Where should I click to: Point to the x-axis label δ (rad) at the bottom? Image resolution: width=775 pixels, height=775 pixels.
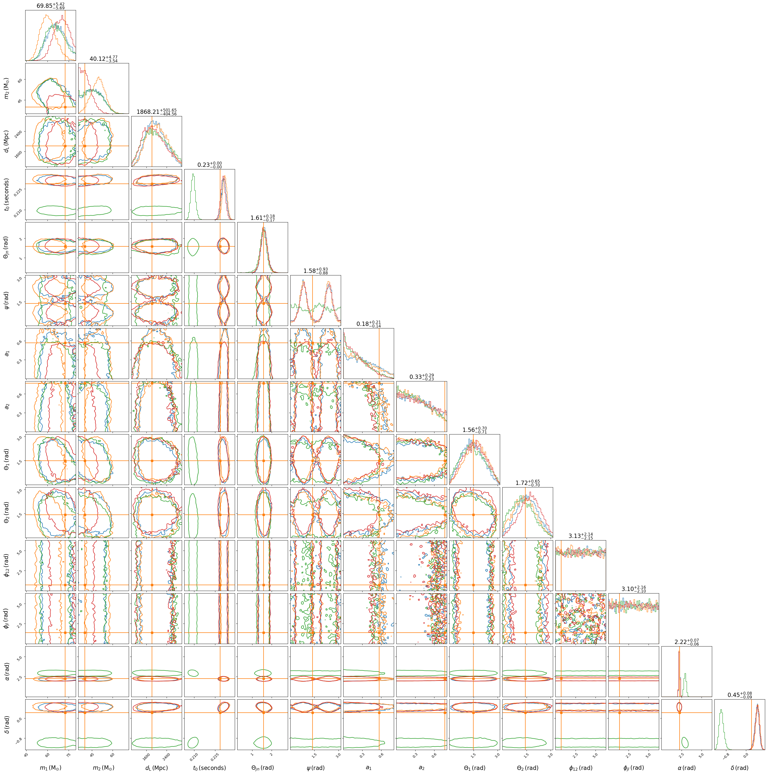pyautogui.click(x=739, y=768)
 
